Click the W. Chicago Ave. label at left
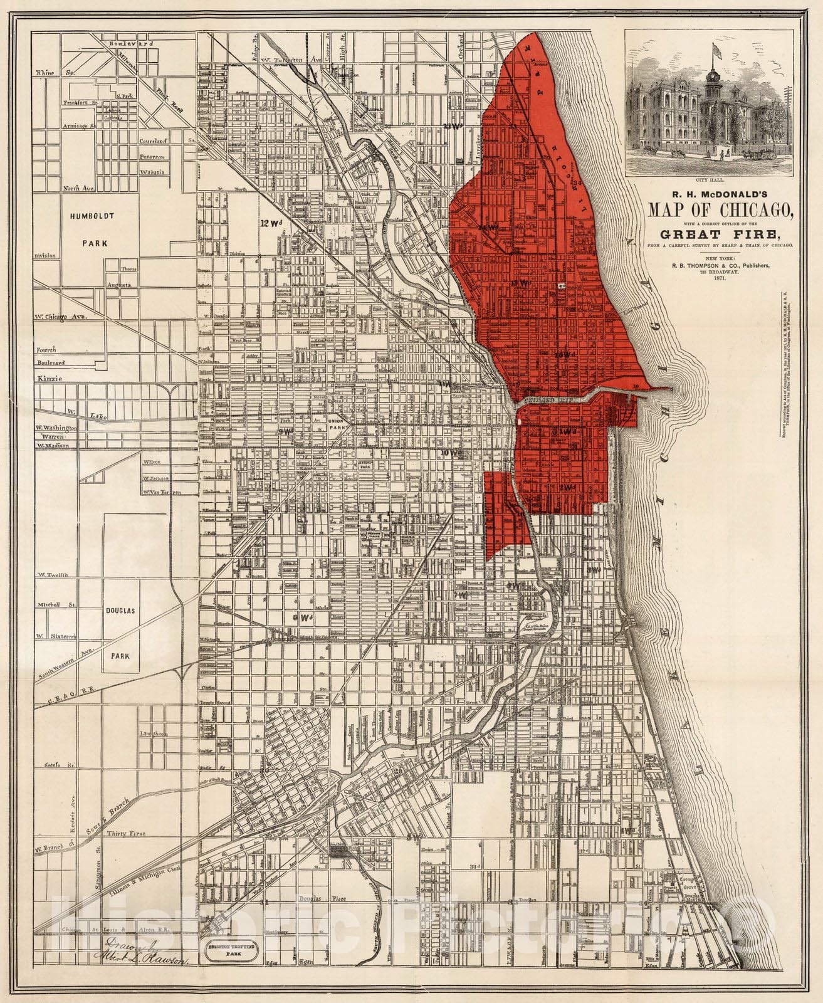tap(60, 317)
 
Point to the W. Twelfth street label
tap(52, 574)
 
